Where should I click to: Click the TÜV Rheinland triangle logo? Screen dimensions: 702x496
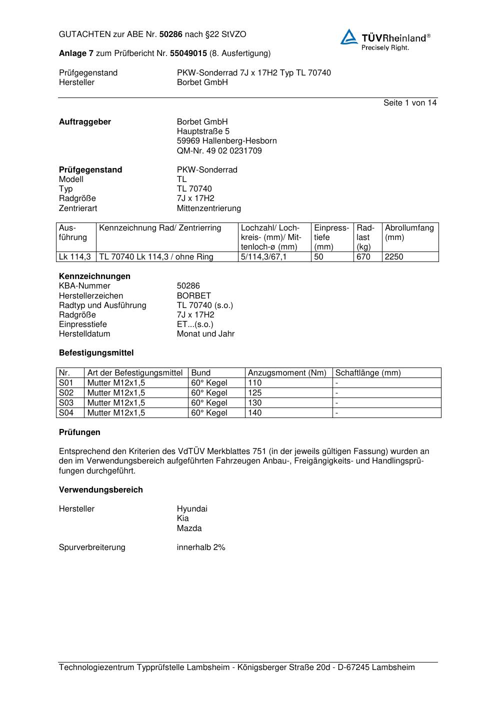click(x=349, y=37)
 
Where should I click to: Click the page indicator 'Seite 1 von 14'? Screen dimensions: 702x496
click(x=409, y=103)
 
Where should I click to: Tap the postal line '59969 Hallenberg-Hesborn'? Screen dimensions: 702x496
click(x=226, y=141)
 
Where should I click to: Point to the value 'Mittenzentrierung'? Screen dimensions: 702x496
click(x=208, y=208)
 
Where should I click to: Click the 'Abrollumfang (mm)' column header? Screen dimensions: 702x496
click(x=409, y=232)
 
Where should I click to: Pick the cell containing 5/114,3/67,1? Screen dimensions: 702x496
click(x=264, y=257)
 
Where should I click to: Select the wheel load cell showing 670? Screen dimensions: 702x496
click(x=363, y=257)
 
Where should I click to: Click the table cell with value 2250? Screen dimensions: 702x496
click(x=394, y=257)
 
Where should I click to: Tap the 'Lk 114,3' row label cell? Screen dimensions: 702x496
click(x=75, y=257)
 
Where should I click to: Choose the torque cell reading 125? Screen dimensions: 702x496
click(x=255, y=393)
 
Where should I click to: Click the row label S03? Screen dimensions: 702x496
click(x=66, y=403)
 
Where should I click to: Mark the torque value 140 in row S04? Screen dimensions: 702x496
click(x=255, y=413)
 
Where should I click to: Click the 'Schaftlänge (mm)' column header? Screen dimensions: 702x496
click(x=368, y=373)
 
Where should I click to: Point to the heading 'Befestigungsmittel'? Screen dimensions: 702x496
click(x=96, y=353)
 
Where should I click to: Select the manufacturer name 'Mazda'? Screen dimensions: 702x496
click(x=189, y=528)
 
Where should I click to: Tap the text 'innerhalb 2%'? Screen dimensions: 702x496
click(x=201, y=547)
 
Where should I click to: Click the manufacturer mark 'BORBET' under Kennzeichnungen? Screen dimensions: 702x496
click(x=194, y=296)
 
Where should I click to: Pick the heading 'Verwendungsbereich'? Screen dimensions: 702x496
click(x=100, y=490)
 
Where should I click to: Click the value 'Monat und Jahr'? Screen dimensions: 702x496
click(x=205, y=334)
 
